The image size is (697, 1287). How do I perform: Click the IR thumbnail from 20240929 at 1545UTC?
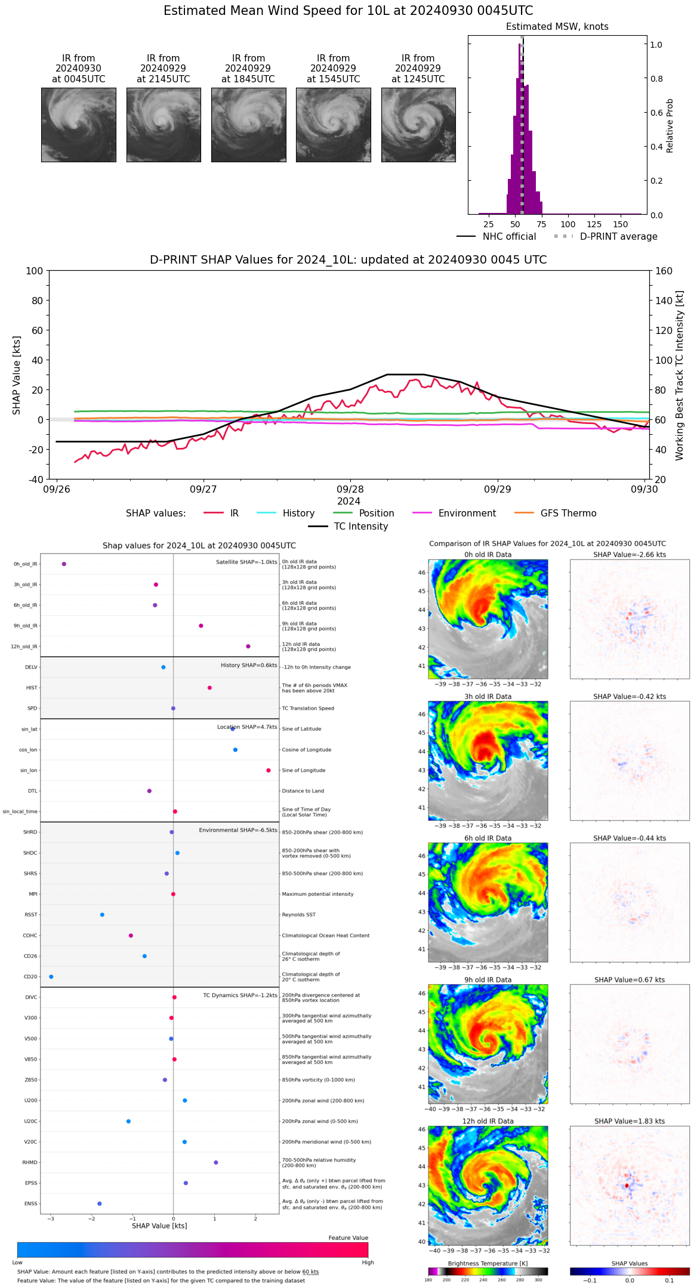coord(333,125)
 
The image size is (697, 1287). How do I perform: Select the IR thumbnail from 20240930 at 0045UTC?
coord(78,125)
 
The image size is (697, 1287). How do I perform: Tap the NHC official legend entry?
coord(496,237)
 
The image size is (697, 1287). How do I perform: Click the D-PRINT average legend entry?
coord(605,237)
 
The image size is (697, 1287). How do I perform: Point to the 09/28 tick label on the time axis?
coord(350,490)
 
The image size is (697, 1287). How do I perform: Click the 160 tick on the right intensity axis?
coord(664,271)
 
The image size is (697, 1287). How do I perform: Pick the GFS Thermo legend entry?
coord(555,513)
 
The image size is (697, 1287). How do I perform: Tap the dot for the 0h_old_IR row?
coord(64,564)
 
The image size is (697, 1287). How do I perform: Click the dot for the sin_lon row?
coord(269,771)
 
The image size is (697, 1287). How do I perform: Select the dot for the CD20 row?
coord(51,977)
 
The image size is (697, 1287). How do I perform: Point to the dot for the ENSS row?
coord(100,1204)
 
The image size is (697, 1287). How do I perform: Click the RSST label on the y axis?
coord(30,915)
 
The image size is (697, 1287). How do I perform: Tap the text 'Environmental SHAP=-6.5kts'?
coord(238,830)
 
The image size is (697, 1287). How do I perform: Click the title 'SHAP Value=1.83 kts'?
coord(629,1121)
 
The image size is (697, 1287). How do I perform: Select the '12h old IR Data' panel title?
coord(488,1121)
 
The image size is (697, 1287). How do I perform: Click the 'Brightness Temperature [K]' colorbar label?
coord(488,1263)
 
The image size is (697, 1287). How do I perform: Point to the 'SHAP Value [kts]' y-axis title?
coord(17,375)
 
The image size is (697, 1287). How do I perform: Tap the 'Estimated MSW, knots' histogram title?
coord(557,27)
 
